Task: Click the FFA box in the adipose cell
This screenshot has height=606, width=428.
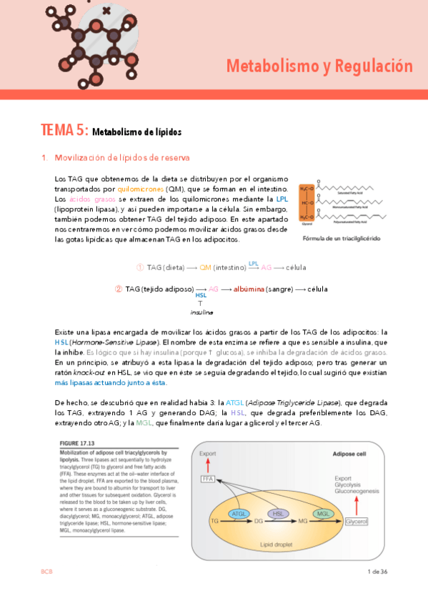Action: coord(208,478)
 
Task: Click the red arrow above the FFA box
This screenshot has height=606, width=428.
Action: coord(208,465)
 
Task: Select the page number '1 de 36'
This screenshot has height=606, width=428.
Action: coord(377,572)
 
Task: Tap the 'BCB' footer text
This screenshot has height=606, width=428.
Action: coord(46,572)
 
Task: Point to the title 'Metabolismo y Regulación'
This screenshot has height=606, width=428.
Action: coord(319,66)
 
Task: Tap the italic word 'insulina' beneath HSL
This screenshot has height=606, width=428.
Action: coord(201,312)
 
